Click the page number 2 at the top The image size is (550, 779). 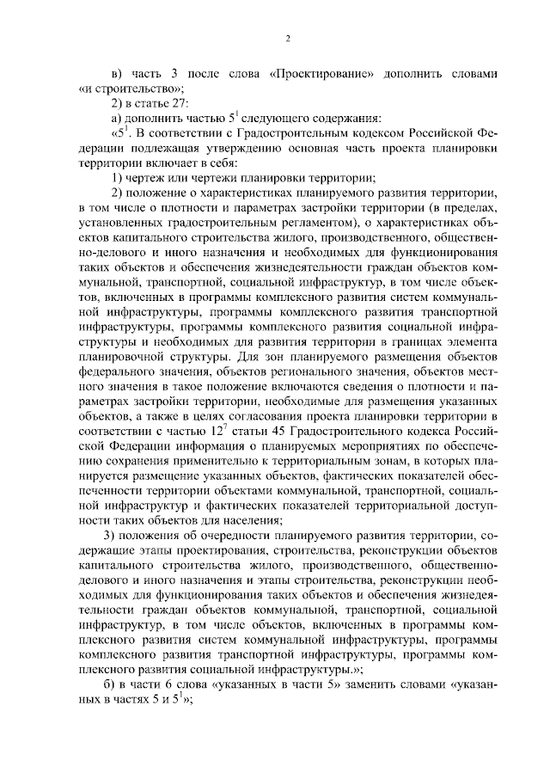pos(289,38)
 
